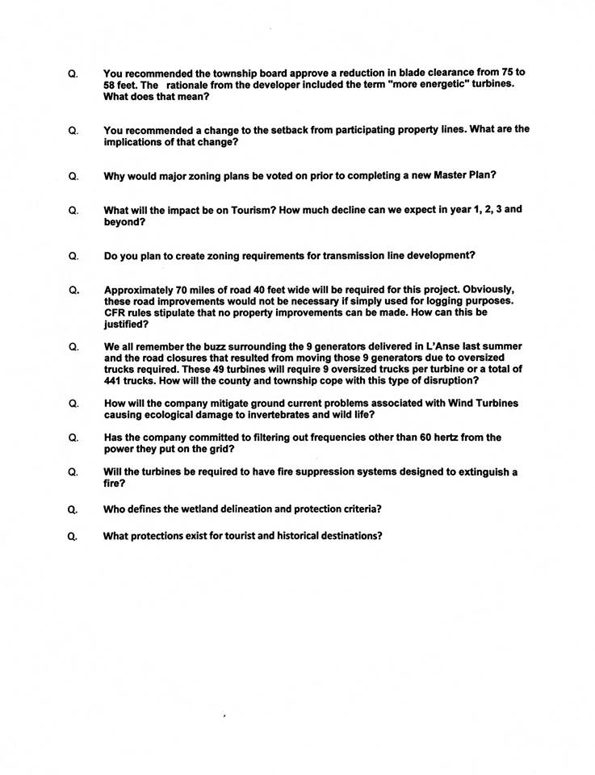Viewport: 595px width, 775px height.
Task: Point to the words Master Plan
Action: (464, 175)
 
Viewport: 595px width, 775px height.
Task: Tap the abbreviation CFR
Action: (115, 312)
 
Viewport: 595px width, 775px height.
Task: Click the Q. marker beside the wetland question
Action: (73, 509)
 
